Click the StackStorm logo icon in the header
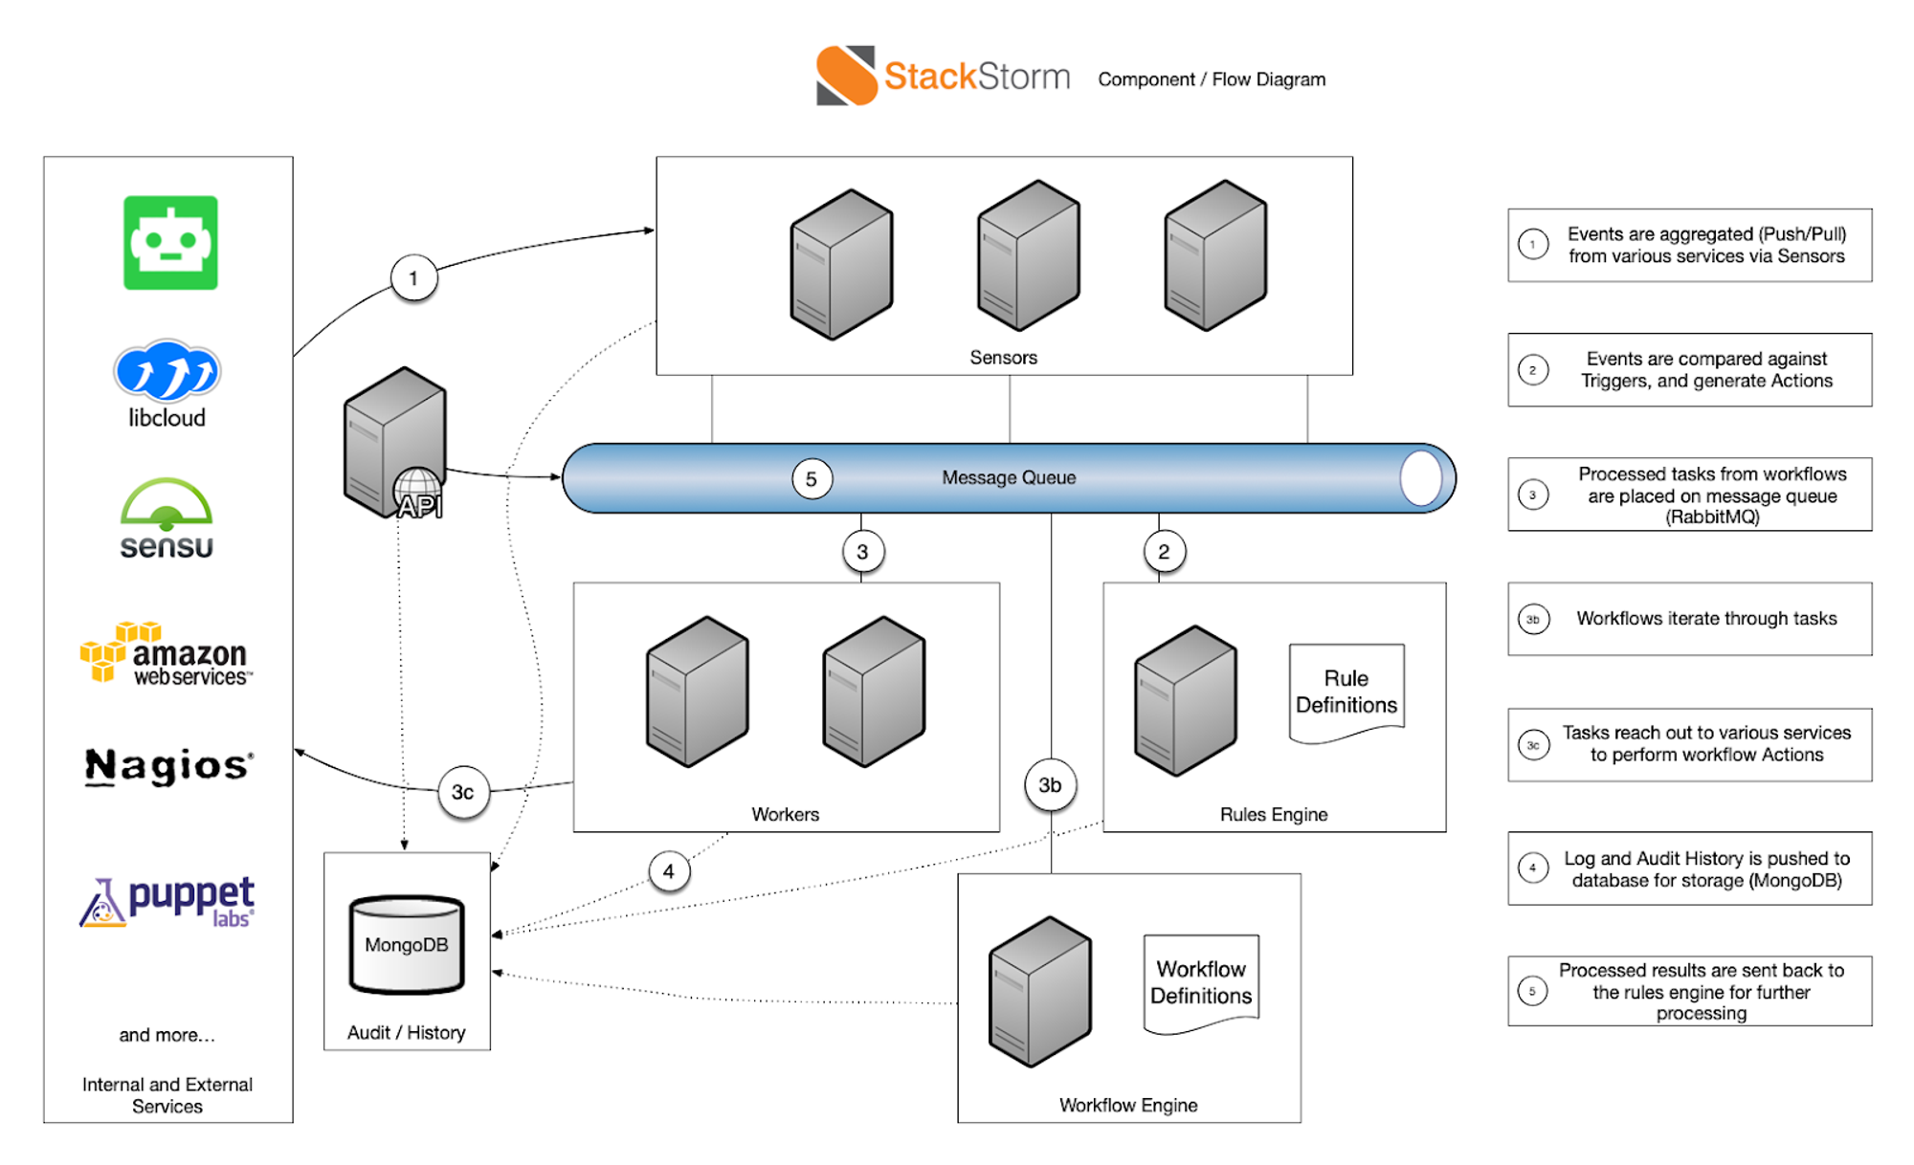pyautogui.click(x=846, y=76)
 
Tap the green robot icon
pyautogui.click(x=170, y=243)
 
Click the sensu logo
pyautogui.click(x=167, y=518)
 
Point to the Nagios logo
pyautogui.click(x=168, y=766)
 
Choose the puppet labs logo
pyautogui.click(x=167, y=901)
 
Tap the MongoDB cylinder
pyautogui.click(x=407, y=945)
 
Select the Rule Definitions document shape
pyautogui.click(x=1346, y=692)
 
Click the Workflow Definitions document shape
pyautogui.click(x=1201, y=983)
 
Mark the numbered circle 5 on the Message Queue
pyautogui.click(x=812, y=479)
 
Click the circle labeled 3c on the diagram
pyautogui.click(x=463, y=792)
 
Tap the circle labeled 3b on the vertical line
pyautogui.click(x=1050, y=785)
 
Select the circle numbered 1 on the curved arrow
pyautogui.click(x=413, y=278)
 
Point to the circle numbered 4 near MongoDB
pyautogui.click(x=668, y=871)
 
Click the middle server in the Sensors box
pyautogui.click(x=1029, y=255)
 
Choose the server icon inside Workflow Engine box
pyautogui.click(x=1040, y=992)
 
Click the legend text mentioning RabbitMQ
pyautogui.click(x=1711, y=495)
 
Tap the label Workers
pyautogui.click(x=785, y=814)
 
